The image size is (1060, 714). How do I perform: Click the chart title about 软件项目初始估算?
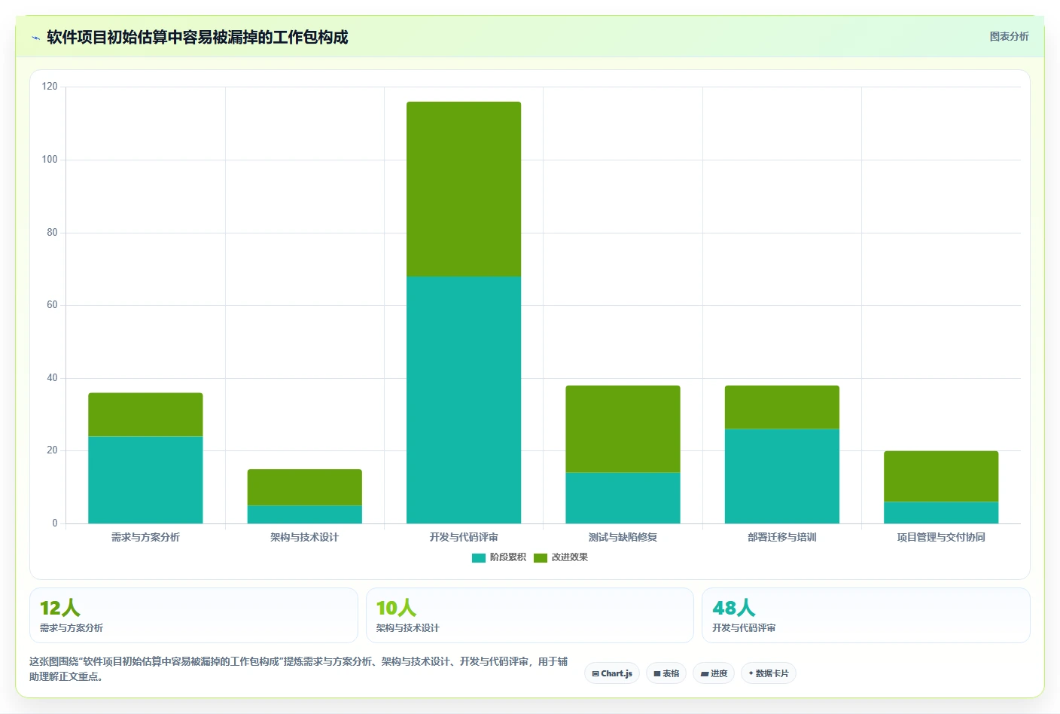pos(197,37)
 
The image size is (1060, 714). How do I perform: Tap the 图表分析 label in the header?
pos(1009,36)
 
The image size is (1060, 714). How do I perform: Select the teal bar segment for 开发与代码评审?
pos(464,400)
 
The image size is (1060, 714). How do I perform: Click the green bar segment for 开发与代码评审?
pos(464,189)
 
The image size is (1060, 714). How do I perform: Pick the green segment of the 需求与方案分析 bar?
pos(145,414)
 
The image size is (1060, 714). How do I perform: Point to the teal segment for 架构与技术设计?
pos(305,514)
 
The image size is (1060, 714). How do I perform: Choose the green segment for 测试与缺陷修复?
pos(623,429)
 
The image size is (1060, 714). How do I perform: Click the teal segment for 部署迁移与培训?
pos(781,476)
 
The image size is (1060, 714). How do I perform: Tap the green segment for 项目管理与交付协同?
pos(941,476)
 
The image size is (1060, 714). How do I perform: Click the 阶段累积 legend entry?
pos(499,557)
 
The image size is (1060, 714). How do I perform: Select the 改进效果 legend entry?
pos(561,557)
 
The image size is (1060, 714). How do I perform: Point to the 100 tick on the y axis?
pos(50,160)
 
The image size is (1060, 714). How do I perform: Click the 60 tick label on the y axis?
pos(52,305)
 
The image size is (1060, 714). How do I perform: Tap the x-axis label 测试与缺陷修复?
pos(623,537)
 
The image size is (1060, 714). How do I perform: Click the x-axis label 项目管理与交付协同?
pos(941,537)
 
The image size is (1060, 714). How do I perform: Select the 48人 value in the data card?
pos(733,608)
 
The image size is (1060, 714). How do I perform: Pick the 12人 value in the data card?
pos(60,608)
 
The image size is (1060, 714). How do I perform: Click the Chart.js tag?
pos(612,673)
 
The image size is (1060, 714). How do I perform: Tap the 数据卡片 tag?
pos(768,673)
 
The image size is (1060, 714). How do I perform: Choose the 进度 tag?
pos(714,673)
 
